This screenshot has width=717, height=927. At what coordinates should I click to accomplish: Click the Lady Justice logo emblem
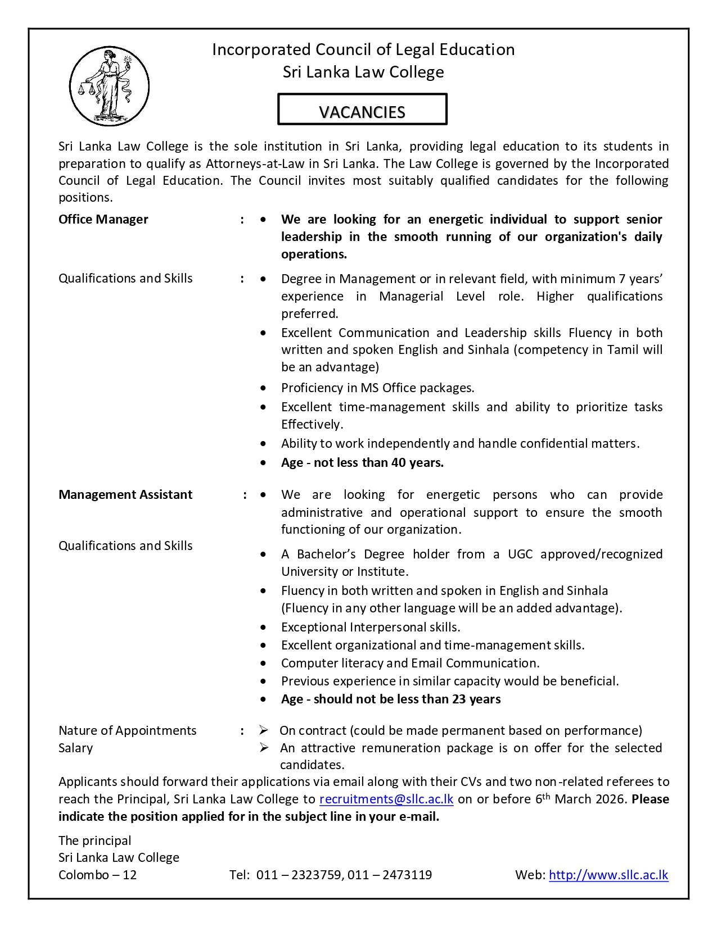109,86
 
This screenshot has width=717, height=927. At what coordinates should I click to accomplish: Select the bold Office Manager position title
103,220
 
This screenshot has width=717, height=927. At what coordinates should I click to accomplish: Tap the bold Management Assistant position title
125,495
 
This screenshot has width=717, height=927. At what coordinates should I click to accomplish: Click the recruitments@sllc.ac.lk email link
386,799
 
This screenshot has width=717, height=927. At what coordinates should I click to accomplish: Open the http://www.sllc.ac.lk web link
608,875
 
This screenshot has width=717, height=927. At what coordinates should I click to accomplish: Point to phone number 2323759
312,875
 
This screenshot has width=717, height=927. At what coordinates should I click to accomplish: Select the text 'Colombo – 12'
98,875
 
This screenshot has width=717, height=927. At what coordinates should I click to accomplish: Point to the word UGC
520,555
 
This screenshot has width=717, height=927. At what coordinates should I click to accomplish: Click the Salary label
76,748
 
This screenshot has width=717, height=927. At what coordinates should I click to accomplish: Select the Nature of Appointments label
128,731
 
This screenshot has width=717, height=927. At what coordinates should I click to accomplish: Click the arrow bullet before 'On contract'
264,730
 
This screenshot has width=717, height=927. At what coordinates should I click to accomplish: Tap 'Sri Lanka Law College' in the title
363,72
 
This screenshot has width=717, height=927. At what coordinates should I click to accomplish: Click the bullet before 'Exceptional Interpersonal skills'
263,628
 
